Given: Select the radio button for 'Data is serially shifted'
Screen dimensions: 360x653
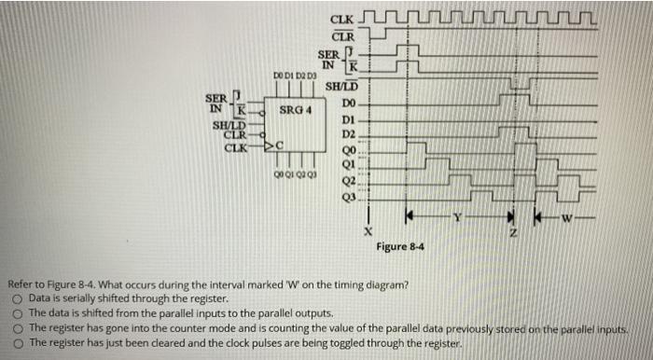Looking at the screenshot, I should [x=17, y=297].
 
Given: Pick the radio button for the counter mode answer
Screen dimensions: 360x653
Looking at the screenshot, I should [x=17, y=327].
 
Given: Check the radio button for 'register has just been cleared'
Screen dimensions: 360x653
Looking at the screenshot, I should [x=17, y=342].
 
